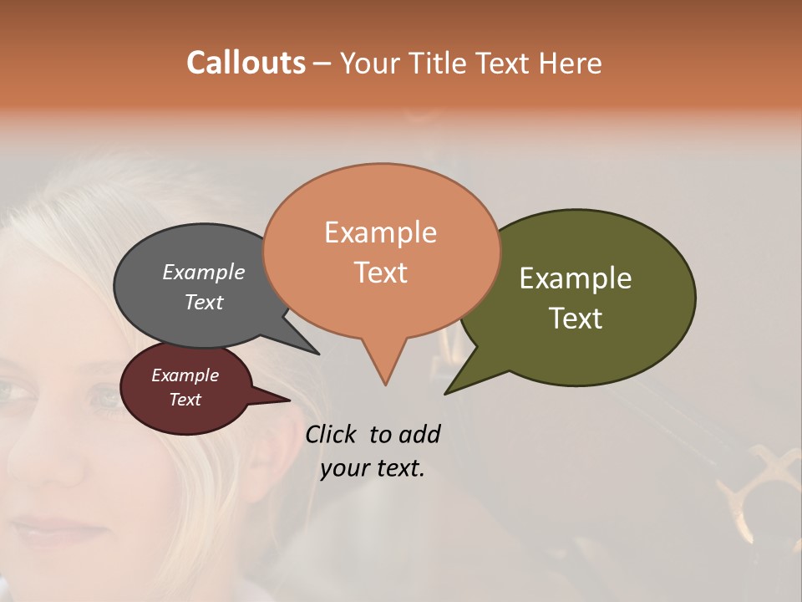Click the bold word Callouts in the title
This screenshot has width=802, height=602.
pos(246,64)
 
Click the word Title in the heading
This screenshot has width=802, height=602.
pos(442,64)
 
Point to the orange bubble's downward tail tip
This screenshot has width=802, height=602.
pos(385,385)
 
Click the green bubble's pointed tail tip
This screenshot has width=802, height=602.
pos(445,394)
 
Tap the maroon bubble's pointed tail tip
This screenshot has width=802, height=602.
pos(289,400)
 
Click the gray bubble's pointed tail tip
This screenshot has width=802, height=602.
pos(319,354)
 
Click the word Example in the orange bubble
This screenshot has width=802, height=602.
pos(380,232)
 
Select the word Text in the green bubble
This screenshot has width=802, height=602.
pos(576,319)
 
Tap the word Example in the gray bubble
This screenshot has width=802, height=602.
pos(203,273)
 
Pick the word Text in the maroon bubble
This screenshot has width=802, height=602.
pos(185,400)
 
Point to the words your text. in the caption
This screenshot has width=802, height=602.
pos(373,468)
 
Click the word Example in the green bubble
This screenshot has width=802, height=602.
pos(576,278)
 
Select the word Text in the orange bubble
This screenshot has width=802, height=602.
pos(381,273)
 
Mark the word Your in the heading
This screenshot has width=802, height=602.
pos(368,64)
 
